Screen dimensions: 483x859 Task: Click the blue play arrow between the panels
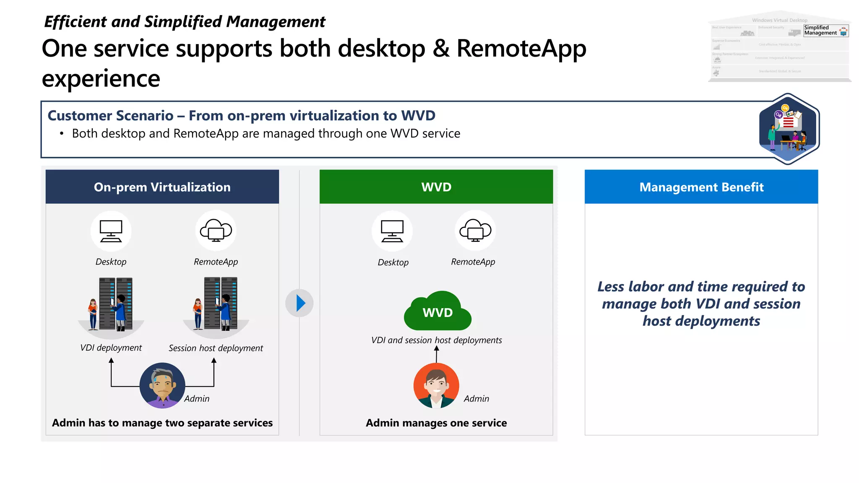[299, 303]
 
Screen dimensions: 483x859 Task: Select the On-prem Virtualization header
[162, 187]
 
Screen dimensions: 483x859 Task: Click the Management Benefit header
[701, 187]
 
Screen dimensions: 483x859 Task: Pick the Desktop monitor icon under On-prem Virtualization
[111, 231]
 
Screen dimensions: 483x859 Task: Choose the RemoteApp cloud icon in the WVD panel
[475, 231]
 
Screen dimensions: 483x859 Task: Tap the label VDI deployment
[111, 348]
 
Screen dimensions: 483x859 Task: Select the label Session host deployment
[216, 348]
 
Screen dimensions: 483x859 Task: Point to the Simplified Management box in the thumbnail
[825, 31]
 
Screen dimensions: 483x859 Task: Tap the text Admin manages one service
[436, 423]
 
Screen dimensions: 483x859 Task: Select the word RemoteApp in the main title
[521, 49]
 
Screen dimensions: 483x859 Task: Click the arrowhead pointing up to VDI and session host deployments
[436, 348]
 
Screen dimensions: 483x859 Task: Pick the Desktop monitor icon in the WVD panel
[392, 231]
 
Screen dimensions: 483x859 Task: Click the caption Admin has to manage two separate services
[162, 423]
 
